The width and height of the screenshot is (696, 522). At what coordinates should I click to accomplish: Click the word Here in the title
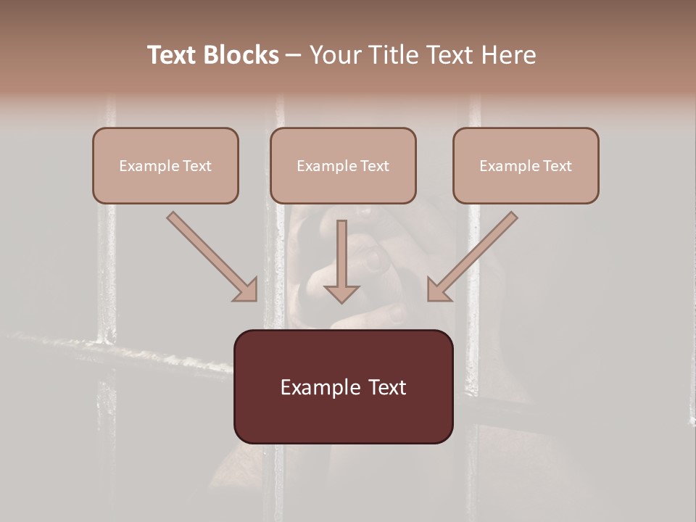pos(508,55)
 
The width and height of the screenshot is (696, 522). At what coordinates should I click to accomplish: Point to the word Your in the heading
pos(336,55)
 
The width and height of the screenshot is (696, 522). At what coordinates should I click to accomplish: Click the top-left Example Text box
pos(165,165)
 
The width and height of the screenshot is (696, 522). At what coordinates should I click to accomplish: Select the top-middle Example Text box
pos(343,165)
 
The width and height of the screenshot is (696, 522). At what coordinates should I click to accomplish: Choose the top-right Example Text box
pos(526,165)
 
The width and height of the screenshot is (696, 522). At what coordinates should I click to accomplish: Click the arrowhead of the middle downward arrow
pos(341,293)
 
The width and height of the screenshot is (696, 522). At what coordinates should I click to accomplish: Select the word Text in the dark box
pos(386,387)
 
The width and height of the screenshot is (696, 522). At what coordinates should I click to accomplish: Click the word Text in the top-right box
pos(557,166)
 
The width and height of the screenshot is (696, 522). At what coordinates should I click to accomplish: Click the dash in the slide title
pos(294,55)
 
